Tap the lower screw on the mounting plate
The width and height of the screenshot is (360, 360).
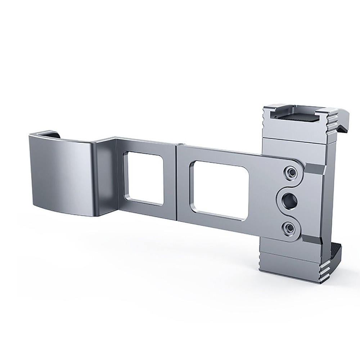coord(289,227)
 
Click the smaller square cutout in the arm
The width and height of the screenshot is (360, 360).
coord(143,178)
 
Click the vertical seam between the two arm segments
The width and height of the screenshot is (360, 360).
coord(176,180)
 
